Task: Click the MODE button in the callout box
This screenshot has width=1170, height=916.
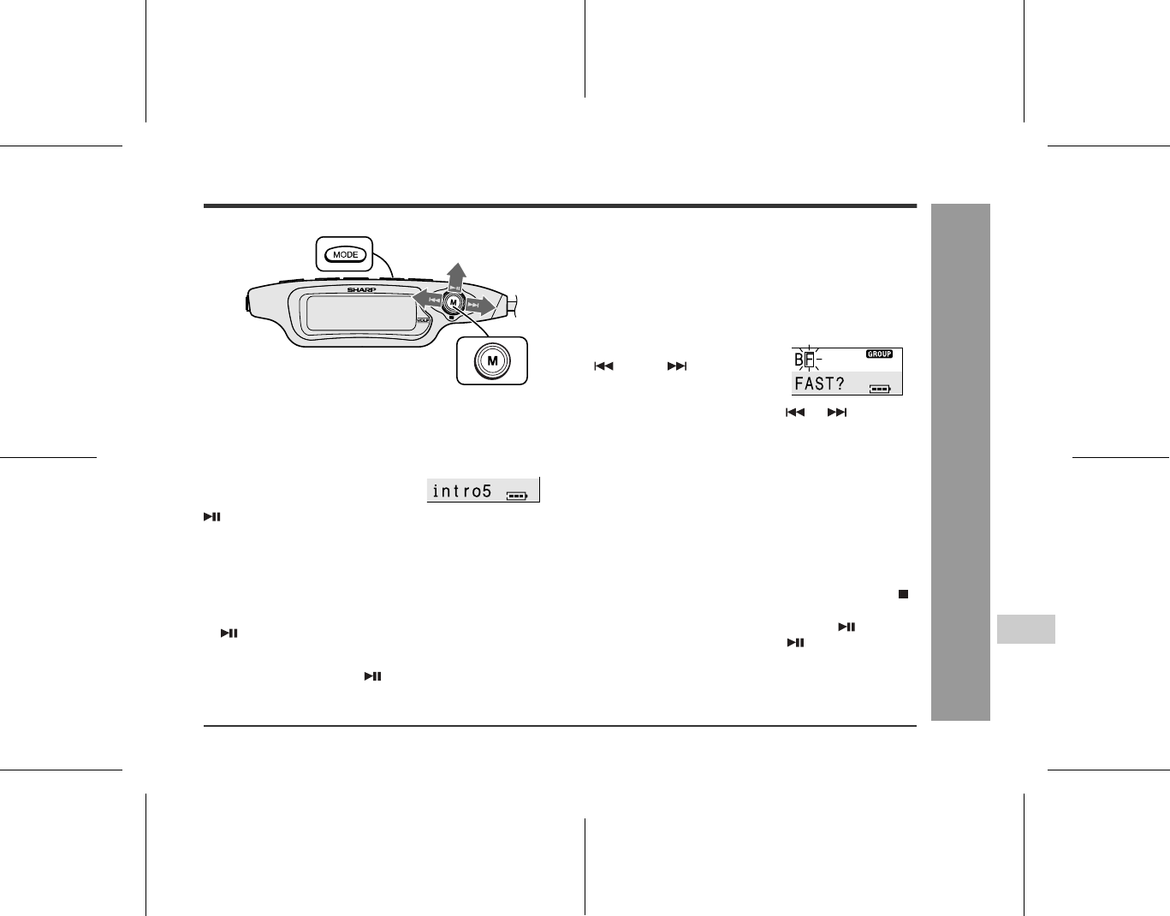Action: coord(345,255)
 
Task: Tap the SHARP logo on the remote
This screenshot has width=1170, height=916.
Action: coord(361,289)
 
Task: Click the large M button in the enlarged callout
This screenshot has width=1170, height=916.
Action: coord(492,360)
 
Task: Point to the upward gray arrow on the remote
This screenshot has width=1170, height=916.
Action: coord(456,277)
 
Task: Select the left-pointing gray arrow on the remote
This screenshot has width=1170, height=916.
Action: coord(427,298)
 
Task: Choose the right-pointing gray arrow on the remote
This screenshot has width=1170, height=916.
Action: coord(480,306)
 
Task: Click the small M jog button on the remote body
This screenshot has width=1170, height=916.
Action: coord(453,303)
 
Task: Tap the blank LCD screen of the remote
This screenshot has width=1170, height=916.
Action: coord(360,312)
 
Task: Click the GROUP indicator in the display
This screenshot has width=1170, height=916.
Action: coord(879,354)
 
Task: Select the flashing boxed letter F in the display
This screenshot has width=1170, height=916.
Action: coord(809,360)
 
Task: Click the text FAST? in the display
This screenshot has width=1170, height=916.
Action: coord(819,384)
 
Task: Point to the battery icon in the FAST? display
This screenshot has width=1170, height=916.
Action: coord(881,389)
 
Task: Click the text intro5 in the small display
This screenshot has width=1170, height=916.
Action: coord(462,491)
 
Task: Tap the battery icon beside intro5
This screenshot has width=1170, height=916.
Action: coord(517,496)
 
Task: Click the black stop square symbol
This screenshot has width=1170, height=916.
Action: coord(904,594)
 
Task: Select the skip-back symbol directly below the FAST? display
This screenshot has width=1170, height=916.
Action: coord(795,413)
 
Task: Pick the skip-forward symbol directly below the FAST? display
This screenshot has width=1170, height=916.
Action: coord(837,413)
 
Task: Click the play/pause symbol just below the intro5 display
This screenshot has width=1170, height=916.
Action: coord(212,517)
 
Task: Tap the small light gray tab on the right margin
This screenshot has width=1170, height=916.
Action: coord(1025,629)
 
